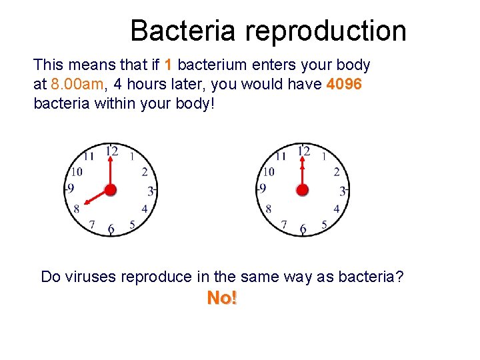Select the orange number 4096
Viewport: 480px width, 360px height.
[344, 85]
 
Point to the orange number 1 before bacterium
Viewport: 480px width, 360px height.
[169, 65]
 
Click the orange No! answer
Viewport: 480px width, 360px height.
[222, 299]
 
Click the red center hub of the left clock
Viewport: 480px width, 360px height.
[110, 190]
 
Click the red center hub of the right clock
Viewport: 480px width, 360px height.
[302, 190]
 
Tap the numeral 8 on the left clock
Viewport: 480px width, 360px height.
[77, 209]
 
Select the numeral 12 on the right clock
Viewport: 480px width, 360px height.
[303, 151]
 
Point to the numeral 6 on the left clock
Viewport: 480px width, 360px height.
[111, 229]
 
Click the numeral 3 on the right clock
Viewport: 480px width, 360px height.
[343, 191]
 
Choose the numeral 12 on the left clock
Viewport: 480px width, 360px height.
[111, 151]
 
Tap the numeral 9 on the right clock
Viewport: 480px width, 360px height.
[263, 189]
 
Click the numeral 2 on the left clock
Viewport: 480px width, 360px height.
[145, 172]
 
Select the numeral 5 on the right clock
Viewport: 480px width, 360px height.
[324, 225]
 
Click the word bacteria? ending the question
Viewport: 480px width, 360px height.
[374, 277]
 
